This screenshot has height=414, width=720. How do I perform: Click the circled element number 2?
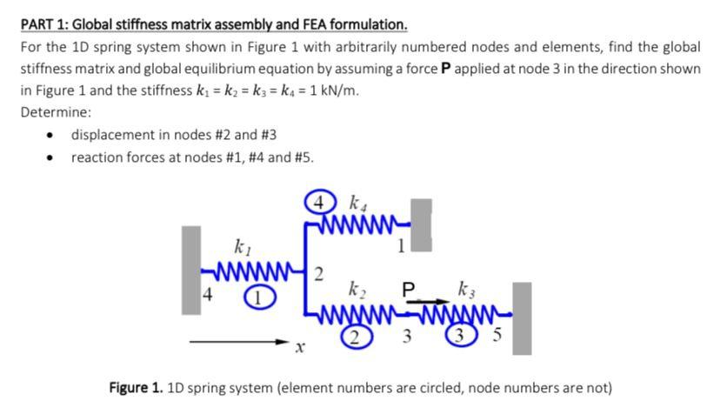tap(355, 339)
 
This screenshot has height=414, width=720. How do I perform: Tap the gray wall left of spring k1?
tap(191, 270)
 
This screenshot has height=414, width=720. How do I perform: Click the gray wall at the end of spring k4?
tap(421, 224)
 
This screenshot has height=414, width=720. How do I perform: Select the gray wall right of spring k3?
tap(522, 317)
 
